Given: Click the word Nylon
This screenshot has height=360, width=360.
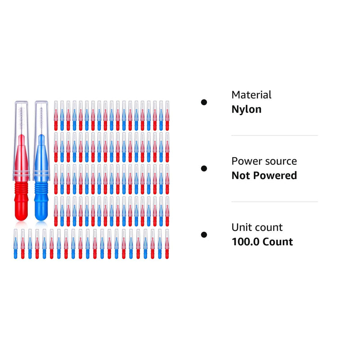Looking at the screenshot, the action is coord(246,109).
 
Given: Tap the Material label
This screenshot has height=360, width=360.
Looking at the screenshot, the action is coord(252,95).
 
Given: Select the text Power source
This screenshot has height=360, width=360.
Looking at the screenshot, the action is coord(264,161).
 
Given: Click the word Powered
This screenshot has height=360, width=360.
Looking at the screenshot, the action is coord(275,175).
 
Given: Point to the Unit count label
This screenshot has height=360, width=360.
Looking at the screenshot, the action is coord(257,228).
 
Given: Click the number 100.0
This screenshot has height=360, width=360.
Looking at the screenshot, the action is coord(246,242).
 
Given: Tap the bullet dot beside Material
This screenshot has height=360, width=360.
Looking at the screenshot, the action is coord(204,103).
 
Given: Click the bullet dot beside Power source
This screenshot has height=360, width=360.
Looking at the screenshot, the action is coord(204,168).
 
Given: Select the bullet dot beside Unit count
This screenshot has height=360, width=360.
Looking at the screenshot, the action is coord(204,234).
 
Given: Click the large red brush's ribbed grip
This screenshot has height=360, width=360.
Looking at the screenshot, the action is coord(21,188).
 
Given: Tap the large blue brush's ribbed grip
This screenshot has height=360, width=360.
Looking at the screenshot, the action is coord(41,188).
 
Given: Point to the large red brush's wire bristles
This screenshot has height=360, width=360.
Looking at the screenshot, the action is coord(22,119).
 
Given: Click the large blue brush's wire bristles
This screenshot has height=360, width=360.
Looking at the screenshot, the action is coord(41,119).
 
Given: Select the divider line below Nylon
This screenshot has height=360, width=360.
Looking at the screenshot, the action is coord(274,135).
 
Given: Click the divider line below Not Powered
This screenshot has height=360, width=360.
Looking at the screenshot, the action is coord(274,202).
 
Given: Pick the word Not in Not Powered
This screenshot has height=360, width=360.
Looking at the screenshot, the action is coord(241,175).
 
